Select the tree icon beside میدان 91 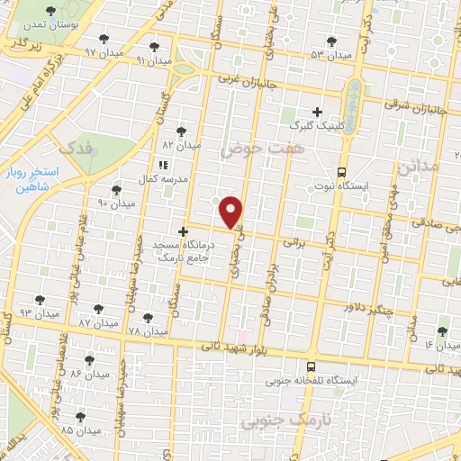click(x=154, y=44)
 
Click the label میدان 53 click(x=330, y=56)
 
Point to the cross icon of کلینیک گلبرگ click(x=317, y=111)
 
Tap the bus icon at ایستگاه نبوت click(x=341, y=171)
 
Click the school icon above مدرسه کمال click(x=162, y=165)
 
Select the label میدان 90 click(x=116, y=203)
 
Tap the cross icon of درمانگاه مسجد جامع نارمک click(x=184, y=231)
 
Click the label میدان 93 click(x=38, y=312)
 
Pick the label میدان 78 click(x=148, y=331)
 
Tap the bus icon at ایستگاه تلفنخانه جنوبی click(x=311, y=366)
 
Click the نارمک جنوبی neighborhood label click(x=288, y=420)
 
